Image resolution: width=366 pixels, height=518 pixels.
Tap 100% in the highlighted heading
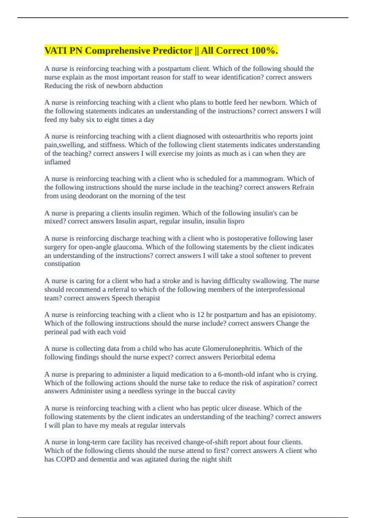click(x=264, y=51)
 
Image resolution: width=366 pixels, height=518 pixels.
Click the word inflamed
click(x=57, y=162)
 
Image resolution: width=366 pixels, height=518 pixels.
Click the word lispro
click(x=236, y=221)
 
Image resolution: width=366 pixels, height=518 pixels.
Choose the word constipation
click(x=62, y=264)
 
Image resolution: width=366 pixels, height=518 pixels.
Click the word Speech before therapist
click(x=122, y=298)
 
